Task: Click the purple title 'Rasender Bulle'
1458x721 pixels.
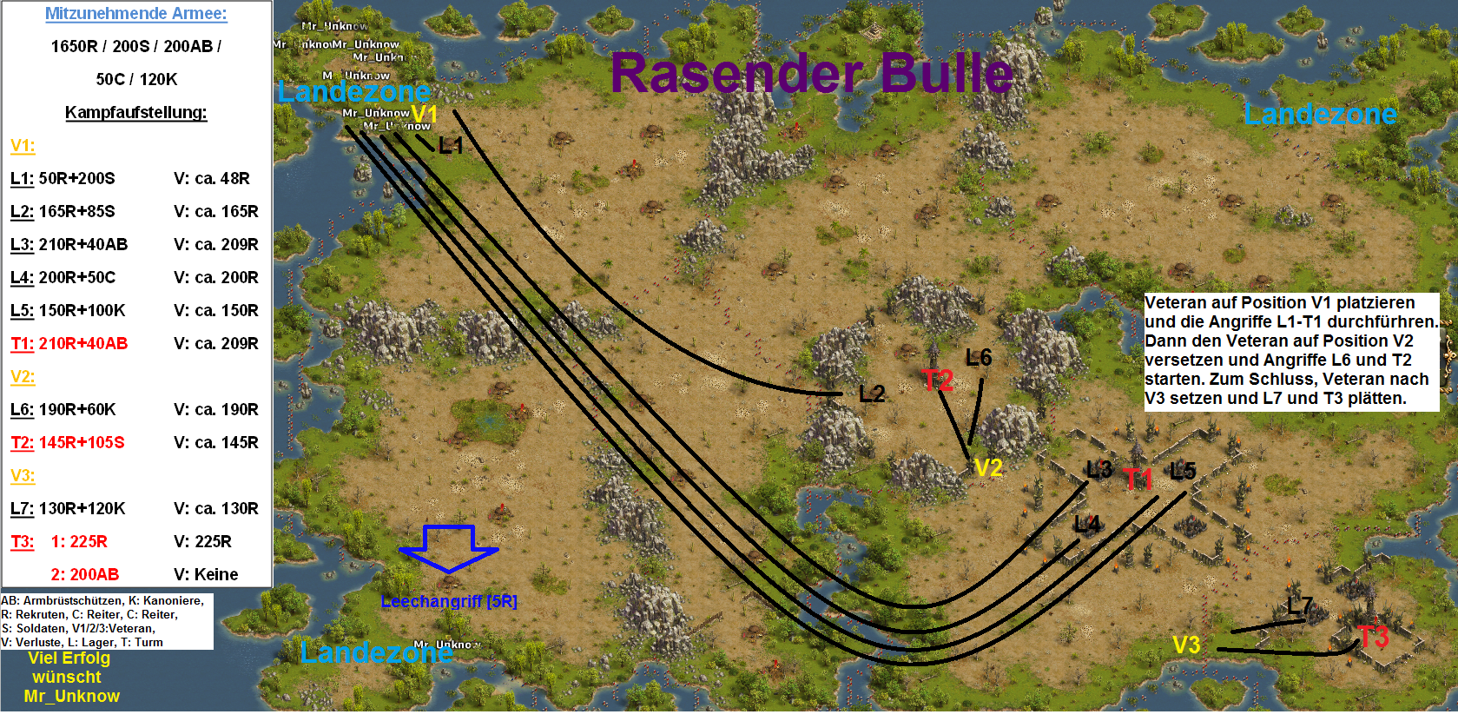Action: coord(811,73)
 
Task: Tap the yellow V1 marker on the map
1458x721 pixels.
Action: coord(425,115)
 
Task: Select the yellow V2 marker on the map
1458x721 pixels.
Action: coord(988,468)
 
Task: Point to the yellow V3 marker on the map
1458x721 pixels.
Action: coord(1186,645)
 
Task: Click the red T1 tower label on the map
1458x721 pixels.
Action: coord(1138,479)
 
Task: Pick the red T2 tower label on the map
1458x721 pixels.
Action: coord(938,380)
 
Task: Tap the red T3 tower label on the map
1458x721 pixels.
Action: coord(1373,637)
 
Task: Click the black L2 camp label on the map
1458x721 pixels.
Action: coord(872,394)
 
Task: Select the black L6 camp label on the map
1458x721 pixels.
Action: coord(979,358)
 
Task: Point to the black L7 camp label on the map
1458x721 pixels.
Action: coord(1300,605)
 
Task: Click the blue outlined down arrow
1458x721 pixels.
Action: coord(449,548)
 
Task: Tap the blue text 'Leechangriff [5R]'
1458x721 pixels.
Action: coord(449,601)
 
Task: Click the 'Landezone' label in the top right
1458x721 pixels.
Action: coord(1320,114)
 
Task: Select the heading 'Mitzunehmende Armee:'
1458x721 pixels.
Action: coord(135,14)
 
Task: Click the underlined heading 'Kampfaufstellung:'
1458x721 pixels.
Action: coord(135,113)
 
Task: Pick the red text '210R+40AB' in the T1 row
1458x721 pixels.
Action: coord(83,344)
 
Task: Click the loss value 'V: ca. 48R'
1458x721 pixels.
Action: coord(212,179)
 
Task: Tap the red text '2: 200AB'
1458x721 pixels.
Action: coord(85,575)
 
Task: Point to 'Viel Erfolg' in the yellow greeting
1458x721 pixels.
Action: coord(69,658)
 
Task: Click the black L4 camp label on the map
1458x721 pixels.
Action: coord(1087,524)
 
